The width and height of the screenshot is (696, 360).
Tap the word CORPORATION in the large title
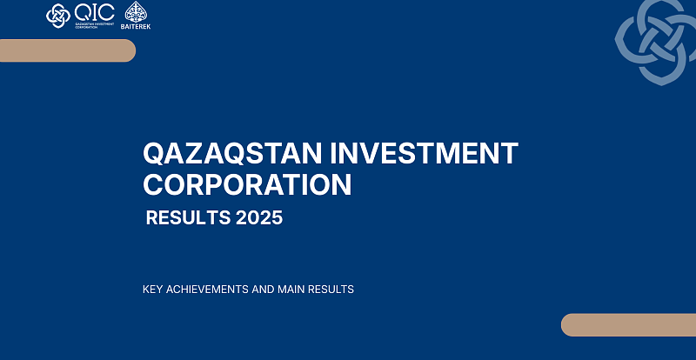248,184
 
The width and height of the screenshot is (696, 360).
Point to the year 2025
258,218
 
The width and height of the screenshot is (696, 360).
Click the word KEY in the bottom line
153,290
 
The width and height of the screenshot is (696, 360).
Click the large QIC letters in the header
95,11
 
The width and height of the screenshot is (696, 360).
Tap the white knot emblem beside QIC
58,16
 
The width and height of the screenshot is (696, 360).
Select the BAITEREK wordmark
137,25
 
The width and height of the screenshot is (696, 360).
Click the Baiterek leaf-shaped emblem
137,11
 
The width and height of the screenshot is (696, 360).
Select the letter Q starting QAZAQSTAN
155,155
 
